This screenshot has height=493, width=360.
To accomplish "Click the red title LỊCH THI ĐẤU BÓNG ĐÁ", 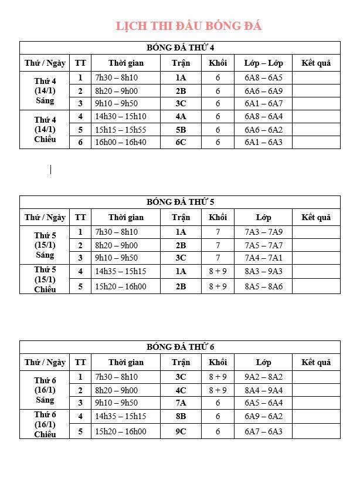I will click(x=188, y=26).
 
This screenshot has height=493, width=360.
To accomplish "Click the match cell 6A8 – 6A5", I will click(x=263, y=77).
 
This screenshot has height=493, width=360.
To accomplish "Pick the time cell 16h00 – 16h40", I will click(x=121, y=142).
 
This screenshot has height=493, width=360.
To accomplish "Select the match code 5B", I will click(x=181, y=130).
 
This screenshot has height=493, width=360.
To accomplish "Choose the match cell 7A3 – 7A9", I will click(x=263, y=232).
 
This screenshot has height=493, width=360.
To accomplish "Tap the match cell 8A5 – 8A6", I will click(x=263, y=286).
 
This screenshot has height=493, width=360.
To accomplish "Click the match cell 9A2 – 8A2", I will click(x=263, y=377).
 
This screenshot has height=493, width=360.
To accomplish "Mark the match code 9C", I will click(x=181, y=431).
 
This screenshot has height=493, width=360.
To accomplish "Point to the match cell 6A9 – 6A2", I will click(x=263, y=416).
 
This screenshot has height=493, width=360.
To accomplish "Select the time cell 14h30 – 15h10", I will click(x=121, y=116).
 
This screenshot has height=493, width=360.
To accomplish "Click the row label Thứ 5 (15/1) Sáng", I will click(x=45, y=245).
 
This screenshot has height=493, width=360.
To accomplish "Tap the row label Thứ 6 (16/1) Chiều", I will click(x=45, y=424).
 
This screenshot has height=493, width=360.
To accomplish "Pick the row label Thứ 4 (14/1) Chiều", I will click(x=45, y=129).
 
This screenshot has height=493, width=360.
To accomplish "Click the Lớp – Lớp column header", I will click(x=263, y=63).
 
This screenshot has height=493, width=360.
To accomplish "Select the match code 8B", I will click(x=181, y=416).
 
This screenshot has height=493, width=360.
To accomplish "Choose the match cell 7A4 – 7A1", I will click(x=263, y=258).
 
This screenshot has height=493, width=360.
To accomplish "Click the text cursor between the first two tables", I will click(x=51, y=170).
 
